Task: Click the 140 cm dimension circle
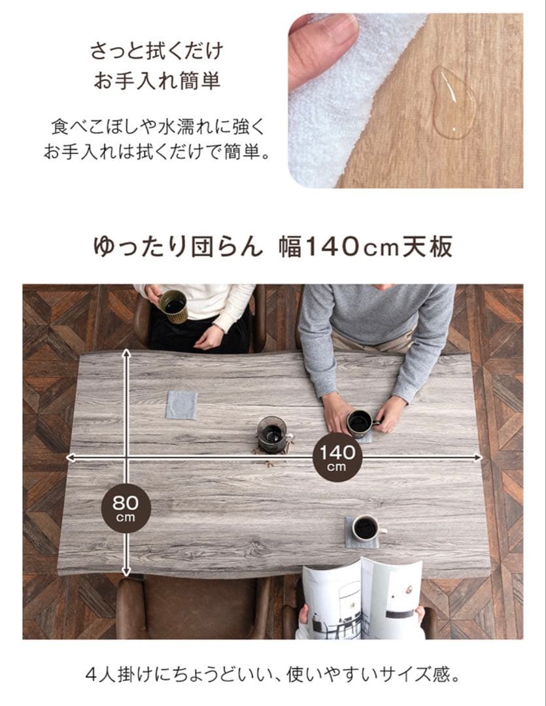click(x=337, y=456)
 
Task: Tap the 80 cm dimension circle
click(x=126, y=507)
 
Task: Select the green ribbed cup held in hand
click(x=175, y=305)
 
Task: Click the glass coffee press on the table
click(x=271, y=433)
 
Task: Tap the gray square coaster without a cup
click(x=181, y=405)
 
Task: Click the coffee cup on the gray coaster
click(x=366, y=527)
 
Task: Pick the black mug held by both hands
click(x=359, y=423)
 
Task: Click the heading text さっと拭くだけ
click(x=156, y=50)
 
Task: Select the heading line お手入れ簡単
click(x=156, y=82)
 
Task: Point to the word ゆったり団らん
click(x=178, y=248)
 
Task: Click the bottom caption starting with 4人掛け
click(x=273, y=673)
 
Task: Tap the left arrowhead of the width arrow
click(x=70, y=458)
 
